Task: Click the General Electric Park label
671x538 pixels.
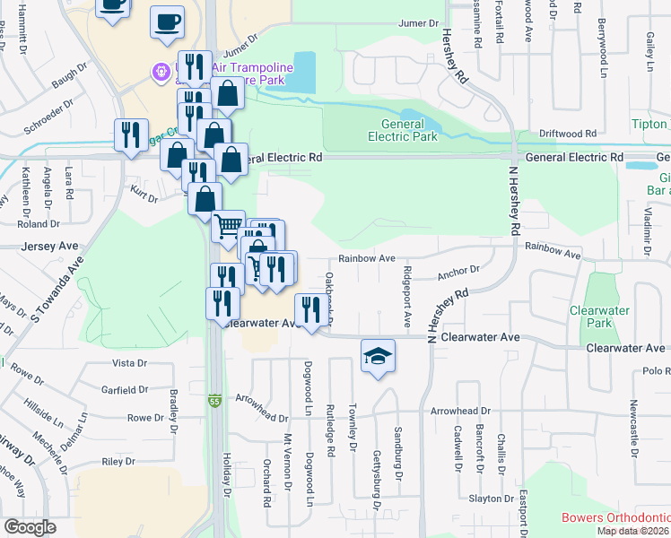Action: (x=403, y=130)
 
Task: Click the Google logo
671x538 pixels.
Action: (x=30, y=527)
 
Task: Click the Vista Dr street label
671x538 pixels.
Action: (x=129, y=363)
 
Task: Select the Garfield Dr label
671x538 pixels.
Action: (x=124, y=390)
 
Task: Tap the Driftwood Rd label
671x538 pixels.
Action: (x=568, y=134)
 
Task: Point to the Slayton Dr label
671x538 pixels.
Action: (x=490, y=499)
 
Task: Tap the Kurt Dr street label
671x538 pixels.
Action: (x=144, y=198)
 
